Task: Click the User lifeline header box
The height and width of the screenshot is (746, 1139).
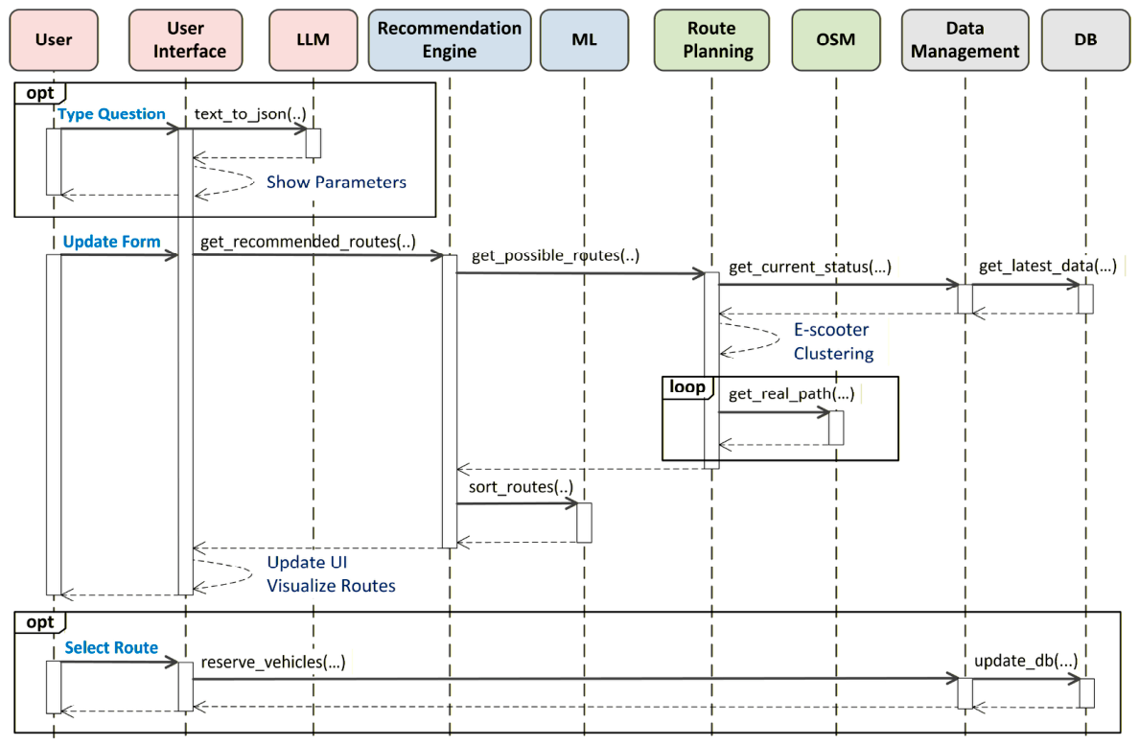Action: tap(54, 40)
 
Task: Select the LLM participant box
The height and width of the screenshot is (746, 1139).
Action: tap(314, 40)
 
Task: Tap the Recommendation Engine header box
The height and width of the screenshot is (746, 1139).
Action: tap(450, 40)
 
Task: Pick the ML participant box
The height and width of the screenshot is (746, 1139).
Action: tap(584, 40)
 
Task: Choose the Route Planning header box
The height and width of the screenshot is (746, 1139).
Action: tap(711, 40)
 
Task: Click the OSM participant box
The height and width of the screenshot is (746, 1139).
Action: tap(836, 40)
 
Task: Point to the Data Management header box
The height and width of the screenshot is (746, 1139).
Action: tap(965, 40)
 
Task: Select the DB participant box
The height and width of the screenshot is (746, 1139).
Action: tap(1086, 40)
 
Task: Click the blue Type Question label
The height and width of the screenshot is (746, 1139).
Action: tap(112, 114)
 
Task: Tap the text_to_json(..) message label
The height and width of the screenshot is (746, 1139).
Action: tap(250, 114)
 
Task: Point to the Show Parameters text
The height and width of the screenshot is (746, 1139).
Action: tap(337, 181)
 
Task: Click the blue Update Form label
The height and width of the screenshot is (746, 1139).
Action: tap(112, 242)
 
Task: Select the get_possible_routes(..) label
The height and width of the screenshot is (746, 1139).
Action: tap(556, 255)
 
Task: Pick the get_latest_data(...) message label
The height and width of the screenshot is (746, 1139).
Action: tap(1048, 266)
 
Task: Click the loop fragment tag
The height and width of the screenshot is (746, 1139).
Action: tap(687, 387)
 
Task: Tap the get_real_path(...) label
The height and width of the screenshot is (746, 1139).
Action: tap(792, 394)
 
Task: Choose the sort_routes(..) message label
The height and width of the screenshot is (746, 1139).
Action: tap(521, 487)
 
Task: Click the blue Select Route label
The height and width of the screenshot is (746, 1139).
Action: tap(111, 647)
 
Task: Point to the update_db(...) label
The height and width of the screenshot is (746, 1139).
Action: tap(1026, 661)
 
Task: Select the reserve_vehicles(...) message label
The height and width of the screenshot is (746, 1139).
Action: tap(273, 662)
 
